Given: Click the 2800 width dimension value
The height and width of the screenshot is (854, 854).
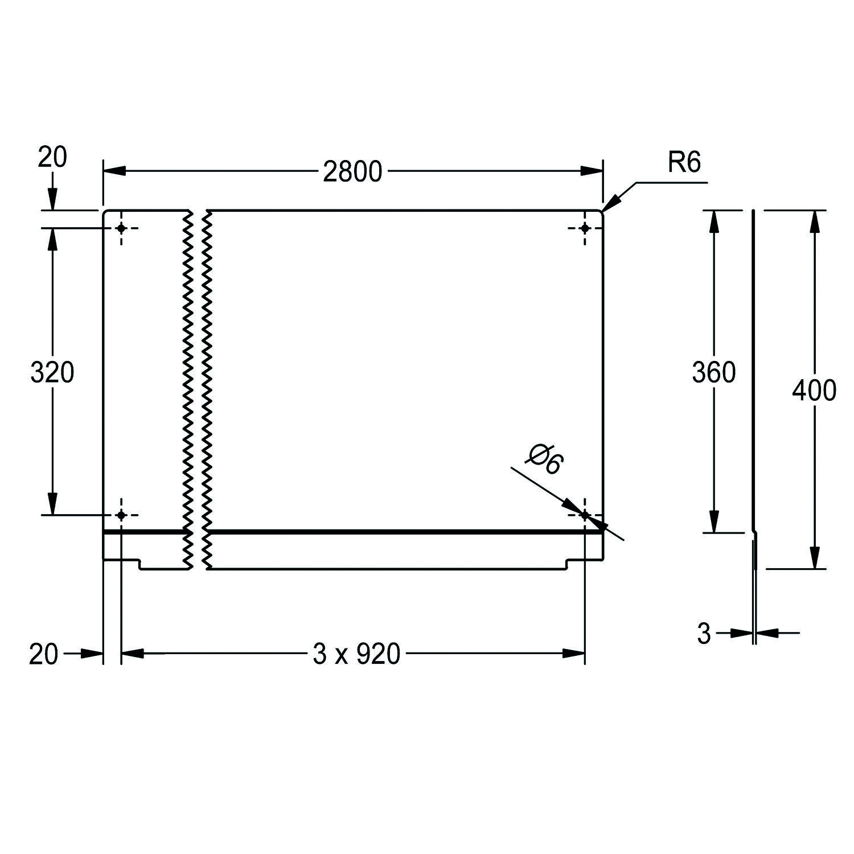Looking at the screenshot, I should click(x=352, y=171).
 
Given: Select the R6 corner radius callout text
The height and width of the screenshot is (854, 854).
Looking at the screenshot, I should click(x=684, y=163).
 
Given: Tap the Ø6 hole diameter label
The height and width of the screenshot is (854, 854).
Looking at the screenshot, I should click(x=545, y=459).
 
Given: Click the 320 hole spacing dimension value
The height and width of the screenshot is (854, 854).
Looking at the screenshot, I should click(x=52, y=373).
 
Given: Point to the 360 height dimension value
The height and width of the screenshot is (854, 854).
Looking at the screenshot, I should click(x=713, y=372).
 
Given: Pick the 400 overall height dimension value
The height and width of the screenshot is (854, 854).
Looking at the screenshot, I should click(x=814, y=390).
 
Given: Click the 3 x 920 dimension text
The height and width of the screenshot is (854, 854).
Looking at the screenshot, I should click(x=356, y=654).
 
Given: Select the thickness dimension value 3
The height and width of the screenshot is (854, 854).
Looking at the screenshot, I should click(x=704, y=634).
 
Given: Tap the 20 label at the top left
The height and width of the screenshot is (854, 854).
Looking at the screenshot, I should click(x=52, y=157).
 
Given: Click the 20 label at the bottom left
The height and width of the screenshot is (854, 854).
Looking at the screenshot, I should click(x=43, y=655).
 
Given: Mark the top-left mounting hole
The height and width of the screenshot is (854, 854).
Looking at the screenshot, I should click(x=121, y=228).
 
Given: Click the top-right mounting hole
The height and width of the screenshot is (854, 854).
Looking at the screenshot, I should click(x=585, y=228).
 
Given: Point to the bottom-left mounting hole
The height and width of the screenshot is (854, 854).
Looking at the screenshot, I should click(x=121, y=515).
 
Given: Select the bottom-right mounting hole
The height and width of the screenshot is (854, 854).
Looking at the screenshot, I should click(x=585, y=515).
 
